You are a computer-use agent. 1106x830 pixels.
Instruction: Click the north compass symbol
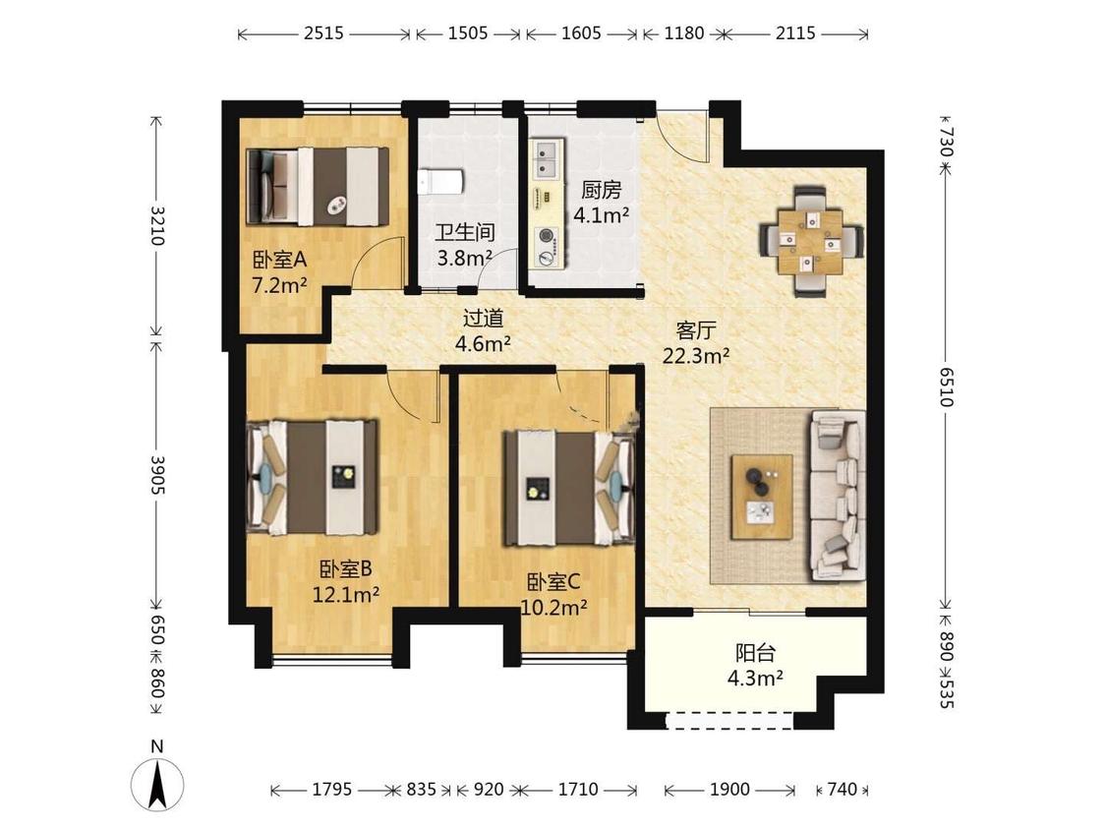(157, 784)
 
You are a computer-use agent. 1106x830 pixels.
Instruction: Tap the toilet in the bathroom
(438, 181)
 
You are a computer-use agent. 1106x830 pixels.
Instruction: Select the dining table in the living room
(811, 241)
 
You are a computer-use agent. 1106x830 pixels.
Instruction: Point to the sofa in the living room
(838, 497)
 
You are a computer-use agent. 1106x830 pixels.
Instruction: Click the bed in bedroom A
(318, 186)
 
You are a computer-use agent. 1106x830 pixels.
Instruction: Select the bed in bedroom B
(314, 477)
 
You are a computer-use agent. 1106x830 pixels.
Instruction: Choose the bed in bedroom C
(568, 489)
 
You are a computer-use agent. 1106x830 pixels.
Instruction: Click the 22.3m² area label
(695, 356)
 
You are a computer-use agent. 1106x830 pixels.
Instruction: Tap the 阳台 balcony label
(755, 653)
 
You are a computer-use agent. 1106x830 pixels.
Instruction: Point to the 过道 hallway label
(483, 319)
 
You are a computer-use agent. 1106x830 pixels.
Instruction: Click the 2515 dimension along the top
(323, 33)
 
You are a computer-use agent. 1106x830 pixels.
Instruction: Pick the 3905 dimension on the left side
(157, 474)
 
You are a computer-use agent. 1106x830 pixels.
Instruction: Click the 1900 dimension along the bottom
(729, 789)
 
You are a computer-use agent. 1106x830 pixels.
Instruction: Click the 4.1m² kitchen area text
(601, 214)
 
